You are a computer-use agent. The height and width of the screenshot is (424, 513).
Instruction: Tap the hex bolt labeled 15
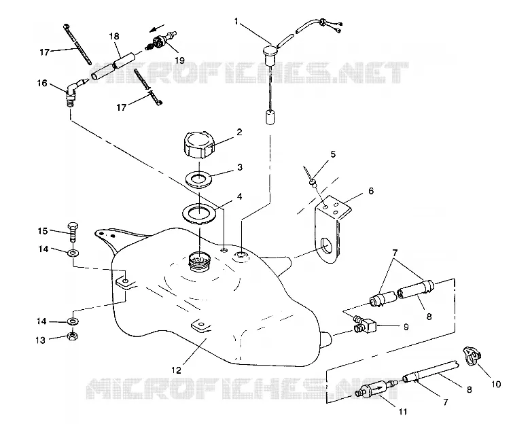73,232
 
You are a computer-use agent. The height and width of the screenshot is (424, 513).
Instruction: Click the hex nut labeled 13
72,336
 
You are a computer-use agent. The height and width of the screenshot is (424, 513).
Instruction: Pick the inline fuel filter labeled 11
376,388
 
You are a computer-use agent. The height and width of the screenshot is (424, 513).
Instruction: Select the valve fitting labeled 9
364,323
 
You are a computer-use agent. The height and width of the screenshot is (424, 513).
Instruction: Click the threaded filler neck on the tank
200,262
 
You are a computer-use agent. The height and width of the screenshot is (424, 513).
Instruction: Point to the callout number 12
176,370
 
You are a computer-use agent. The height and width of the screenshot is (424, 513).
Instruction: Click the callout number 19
179,60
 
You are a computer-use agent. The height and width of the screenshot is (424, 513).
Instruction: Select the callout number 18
114,36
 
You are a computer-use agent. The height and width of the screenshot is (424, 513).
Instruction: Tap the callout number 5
333,154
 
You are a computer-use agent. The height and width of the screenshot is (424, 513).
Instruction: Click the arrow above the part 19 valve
157,28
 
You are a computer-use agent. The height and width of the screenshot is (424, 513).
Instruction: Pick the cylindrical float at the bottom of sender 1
270,118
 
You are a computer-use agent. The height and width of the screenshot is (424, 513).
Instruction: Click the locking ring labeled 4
199,214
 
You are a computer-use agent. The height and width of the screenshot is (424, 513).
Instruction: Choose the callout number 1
236,22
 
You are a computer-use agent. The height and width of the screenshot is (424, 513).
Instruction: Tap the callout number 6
371,191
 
